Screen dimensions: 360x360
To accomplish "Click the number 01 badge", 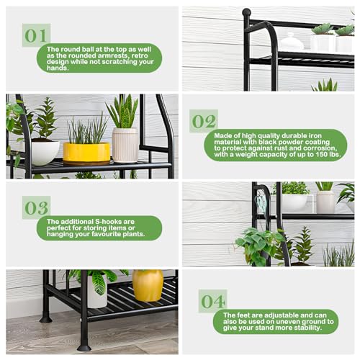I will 35,35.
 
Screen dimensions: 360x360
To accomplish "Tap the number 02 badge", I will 204,120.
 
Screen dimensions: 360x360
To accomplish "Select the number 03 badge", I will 35,207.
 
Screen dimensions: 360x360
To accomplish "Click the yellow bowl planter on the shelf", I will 86,152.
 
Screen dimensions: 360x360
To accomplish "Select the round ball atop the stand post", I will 247,13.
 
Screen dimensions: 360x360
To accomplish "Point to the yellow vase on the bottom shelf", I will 148,286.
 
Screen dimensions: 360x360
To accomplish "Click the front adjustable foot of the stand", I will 84,346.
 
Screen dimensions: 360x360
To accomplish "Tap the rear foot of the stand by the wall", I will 45,317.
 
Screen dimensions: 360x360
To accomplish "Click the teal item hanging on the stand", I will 261,204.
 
